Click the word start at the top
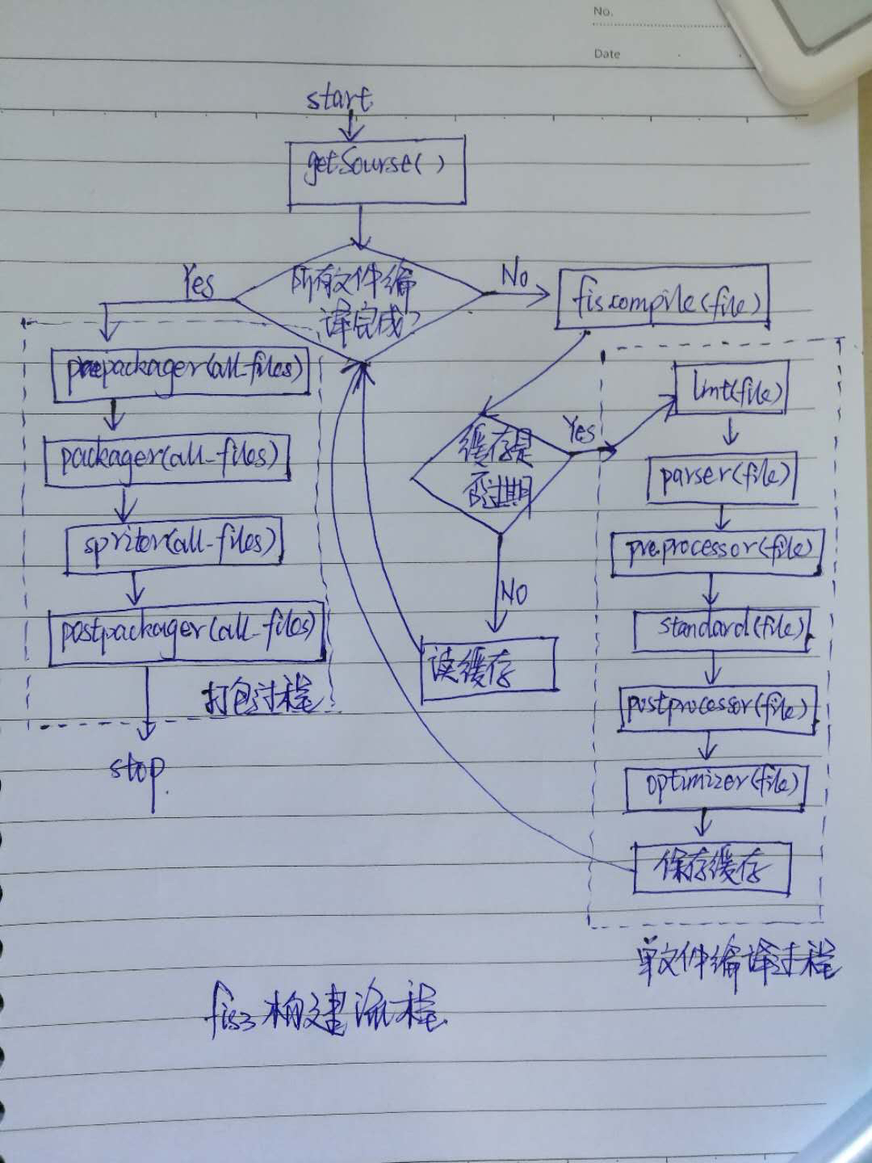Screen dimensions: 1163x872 339,99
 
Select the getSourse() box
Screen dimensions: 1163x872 377,172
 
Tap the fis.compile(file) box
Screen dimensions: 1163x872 662,299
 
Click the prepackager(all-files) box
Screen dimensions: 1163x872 181,373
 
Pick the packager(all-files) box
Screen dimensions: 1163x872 167,459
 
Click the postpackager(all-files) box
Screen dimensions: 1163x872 187,635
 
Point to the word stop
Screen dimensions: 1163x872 138,770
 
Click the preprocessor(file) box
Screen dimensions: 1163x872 716,552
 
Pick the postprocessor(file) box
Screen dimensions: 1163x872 717,708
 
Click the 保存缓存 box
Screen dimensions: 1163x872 711,868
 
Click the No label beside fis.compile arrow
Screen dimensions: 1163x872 515,276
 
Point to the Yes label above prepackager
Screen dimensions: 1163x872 199,283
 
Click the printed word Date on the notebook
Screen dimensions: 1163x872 607,54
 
